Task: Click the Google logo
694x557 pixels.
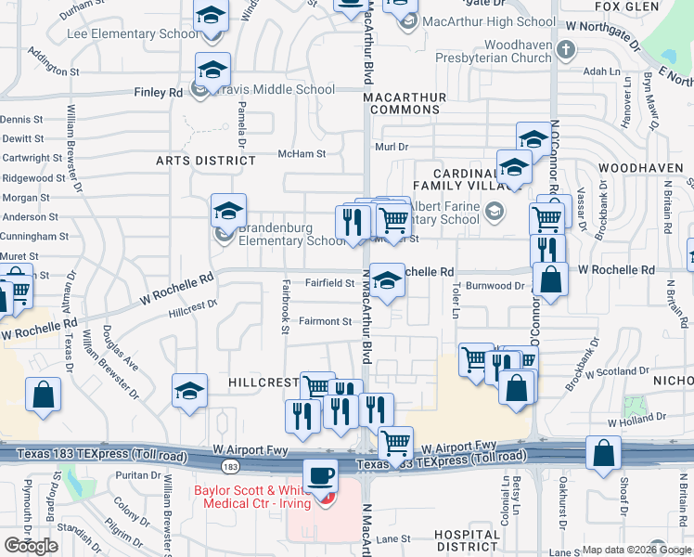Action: (x=31, y=546)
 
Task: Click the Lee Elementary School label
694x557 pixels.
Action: (x=132, y=34)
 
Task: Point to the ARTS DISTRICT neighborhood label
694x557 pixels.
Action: (x=206, y=161)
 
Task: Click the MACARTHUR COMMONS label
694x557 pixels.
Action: (x=405, y=103)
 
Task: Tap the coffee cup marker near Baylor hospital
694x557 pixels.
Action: (x=321, y=476)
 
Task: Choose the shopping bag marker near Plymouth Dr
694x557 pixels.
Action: (x=44, y=395)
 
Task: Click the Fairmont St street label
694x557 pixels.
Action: (x=325, y=321)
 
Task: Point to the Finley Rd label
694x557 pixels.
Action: (x=159, y=93)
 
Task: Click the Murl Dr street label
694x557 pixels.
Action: (x=392, y=146)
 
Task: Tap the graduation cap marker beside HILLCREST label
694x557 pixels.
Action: (x=189, y=391)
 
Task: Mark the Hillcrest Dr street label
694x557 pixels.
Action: (x=193, y=309)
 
